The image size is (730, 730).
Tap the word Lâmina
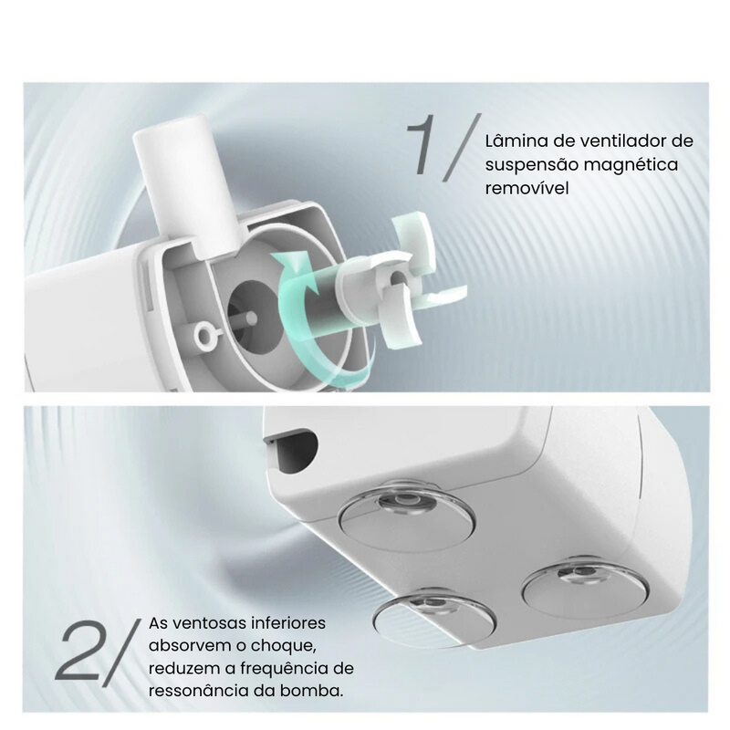tap(516, 141)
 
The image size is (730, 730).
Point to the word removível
tap(527, 188)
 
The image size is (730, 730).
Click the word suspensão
tap(530, 164)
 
